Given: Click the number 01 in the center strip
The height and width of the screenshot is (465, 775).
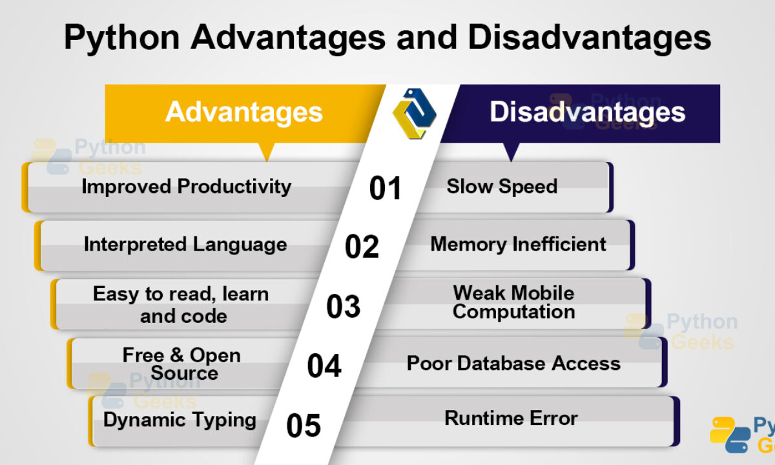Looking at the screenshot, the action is click(385, 188).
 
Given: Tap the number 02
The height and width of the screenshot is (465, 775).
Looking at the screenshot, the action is click(362, 246).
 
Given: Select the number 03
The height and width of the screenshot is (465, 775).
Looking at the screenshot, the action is click(343, 306).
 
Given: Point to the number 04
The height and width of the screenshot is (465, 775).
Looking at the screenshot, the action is click(324, 366).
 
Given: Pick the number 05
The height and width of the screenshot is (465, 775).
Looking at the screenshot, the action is click(304, 426).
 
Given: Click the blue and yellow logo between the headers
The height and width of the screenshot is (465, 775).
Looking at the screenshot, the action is click(415, 114).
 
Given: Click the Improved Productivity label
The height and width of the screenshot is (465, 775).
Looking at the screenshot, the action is click(187, 187).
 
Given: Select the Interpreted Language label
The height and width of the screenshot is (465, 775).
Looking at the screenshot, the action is click(185, 245).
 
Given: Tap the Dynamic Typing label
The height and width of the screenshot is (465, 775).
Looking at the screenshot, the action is click(180, 420).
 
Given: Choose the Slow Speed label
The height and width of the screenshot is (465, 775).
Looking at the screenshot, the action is click(502, 187).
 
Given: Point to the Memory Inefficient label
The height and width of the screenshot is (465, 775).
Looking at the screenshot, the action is click(518, 244).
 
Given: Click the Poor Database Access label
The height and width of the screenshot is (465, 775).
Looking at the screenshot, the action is click(513, 363).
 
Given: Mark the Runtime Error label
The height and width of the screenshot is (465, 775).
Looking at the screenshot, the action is click(511, 418).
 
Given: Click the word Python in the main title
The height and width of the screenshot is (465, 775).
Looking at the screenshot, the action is click(122, 38).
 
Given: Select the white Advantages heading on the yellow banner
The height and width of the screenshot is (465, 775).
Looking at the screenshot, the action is click(244, 113).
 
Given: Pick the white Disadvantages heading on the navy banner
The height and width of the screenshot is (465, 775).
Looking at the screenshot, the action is click(587, 112).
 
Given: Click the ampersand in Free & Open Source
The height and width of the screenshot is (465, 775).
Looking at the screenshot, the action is click(176, 355).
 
